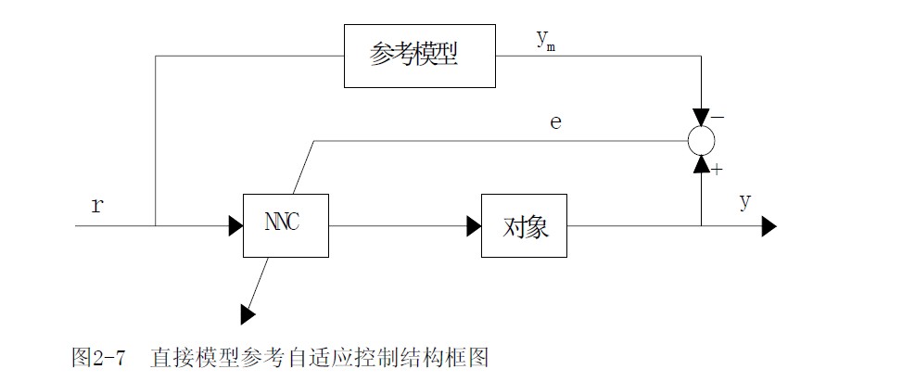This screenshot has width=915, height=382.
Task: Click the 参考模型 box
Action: coord(421,56)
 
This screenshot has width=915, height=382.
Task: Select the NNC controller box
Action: coord(285,225)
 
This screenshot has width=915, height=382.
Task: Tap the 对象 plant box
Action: coord(524,225)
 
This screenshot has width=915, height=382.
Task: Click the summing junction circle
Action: coord(702,139)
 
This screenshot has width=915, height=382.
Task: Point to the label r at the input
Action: coord(96,206)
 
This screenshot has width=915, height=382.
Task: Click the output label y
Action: coord(744,202)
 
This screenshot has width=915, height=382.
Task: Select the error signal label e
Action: coord(555,121)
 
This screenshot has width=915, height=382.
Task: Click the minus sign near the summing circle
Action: coord(719,119)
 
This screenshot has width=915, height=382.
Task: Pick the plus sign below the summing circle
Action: coord(718,170)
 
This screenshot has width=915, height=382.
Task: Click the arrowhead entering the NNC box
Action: coord(235,225)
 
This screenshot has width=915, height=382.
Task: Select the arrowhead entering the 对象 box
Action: coord(473,225)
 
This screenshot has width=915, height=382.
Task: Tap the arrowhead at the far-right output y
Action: coord(769,225)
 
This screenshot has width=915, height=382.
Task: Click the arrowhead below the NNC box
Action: coord(248,314)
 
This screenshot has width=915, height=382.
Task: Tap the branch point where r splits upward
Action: coord(156,225)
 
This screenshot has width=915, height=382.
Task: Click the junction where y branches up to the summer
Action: coord(702,225)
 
